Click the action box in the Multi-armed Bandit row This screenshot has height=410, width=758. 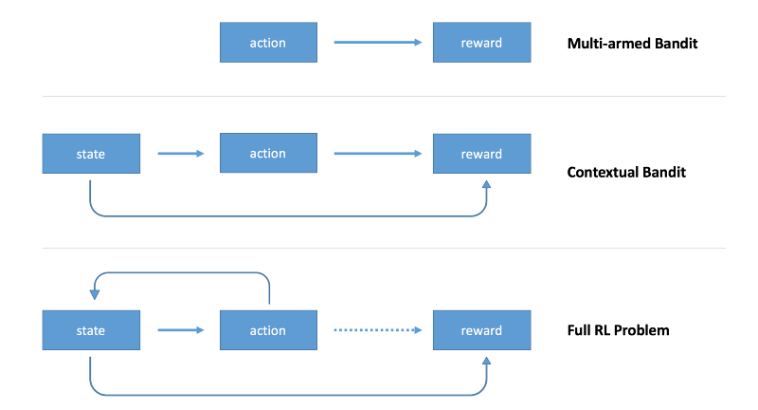[x=268, y=43]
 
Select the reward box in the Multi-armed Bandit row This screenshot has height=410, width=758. [x=481, y=43]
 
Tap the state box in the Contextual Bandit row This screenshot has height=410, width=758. [x=91, y=154]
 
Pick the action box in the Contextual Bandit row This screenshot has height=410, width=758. [x=268, y=154]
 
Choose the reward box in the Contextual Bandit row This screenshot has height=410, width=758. [x=481, y=154]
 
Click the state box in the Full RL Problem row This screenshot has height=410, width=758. [x=91, y=330]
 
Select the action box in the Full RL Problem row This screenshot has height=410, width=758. [x=268, y=330]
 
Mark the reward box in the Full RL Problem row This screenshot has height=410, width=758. [x=481, y=330]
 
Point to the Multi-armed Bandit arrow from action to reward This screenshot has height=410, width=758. [x=377, y=43]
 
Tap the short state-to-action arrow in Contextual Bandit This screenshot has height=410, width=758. [x=180, y=154]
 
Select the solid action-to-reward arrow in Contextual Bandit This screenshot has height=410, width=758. [x=377, y=154]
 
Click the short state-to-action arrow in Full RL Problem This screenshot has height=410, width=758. [x=180, y=330]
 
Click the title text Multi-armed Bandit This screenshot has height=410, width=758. [x=632, y=43]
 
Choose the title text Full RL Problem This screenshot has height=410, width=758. [x=618, y=330]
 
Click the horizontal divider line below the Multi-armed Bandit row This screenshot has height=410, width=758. [x=379, y=96]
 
